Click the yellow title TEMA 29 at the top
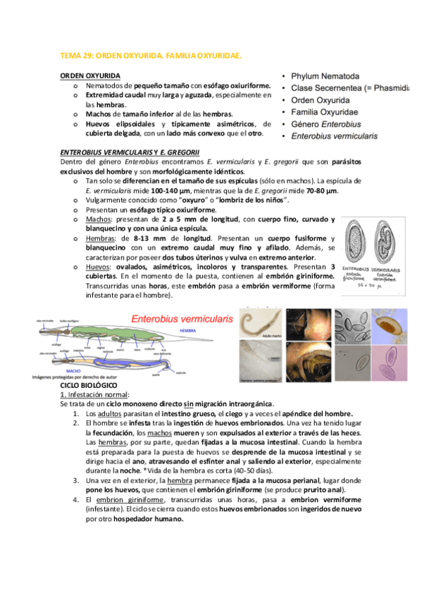151,54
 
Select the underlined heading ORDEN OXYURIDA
89,75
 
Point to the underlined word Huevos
97,267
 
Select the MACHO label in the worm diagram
70,369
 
